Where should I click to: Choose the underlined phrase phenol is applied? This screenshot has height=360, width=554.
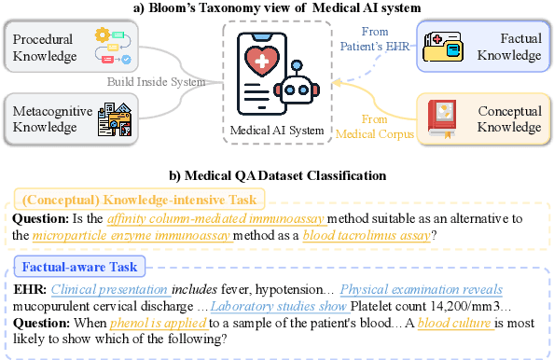tap(131, 323)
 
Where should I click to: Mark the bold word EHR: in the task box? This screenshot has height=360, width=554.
tap(29, 289)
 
